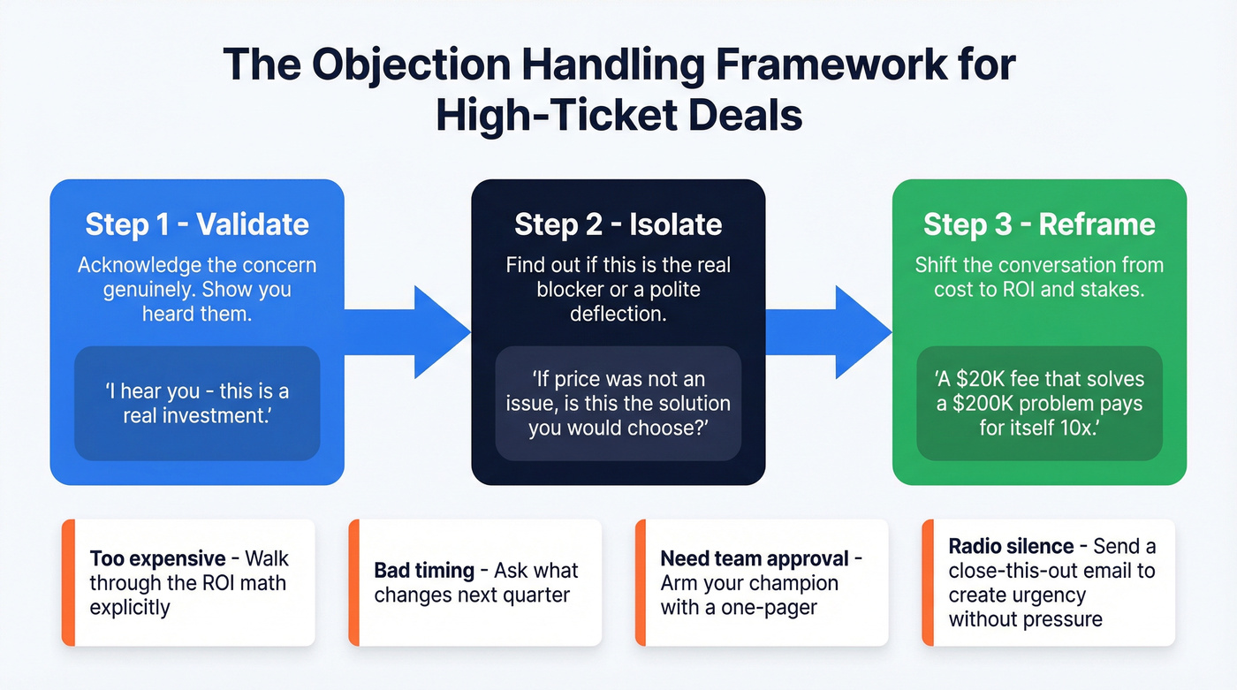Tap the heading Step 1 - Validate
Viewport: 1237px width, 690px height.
point(196,224)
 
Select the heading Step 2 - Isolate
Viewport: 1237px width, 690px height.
point(618,224)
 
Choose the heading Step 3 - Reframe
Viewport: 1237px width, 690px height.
point(1039,224)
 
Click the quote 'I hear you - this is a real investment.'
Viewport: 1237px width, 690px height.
point(196,403)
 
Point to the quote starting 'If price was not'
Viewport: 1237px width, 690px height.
point(618,404)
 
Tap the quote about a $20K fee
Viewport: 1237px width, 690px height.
point(1039,404)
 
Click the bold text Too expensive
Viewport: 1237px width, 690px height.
point(156,559)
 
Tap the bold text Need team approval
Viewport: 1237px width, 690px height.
point(755,559)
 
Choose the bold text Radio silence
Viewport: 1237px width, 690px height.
point(1011,547)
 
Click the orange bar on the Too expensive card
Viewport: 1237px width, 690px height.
point(68,582)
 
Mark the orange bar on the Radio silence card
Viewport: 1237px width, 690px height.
point(928,582)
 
